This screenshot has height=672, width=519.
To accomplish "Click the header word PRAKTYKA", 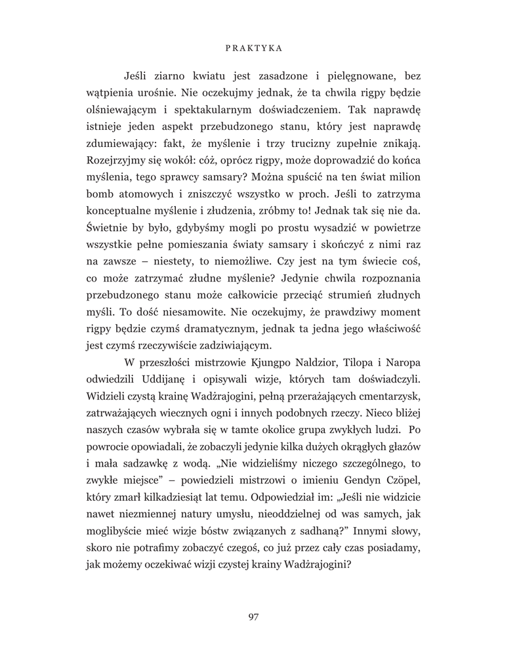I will [x=259, y=48].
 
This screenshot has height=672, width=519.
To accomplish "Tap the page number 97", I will [x=255, y=616].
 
